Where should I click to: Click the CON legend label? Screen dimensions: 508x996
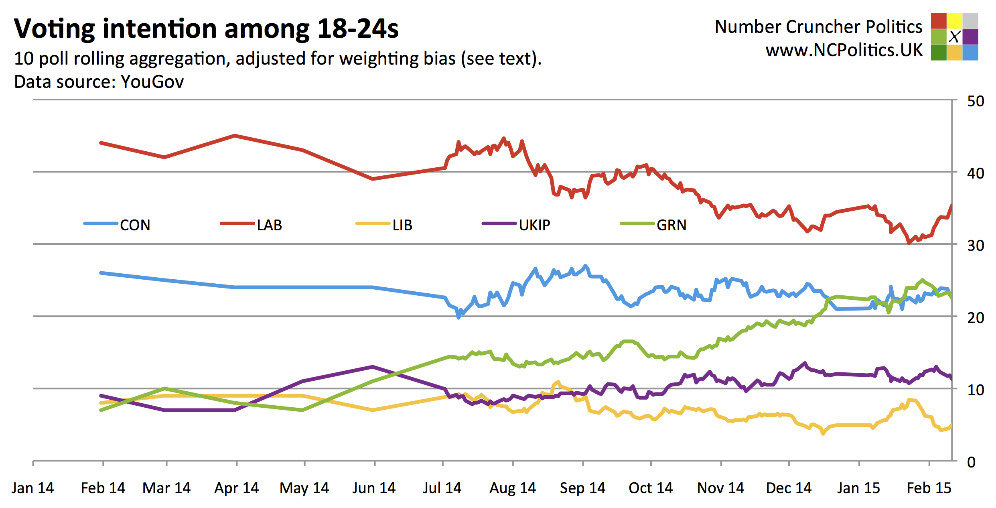point(135,225)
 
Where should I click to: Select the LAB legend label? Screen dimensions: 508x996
point(269,225)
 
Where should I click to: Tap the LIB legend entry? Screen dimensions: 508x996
point(402,225)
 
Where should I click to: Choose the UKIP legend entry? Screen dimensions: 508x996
point(534,225)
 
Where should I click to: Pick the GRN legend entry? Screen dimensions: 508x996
point(671,225)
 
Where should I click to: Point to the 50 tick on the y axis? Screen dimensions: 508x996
point(975,101)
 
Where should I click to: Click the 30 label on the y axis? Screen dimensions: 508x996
point(975,246)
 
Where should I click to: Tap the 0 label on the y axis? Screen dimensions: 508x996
point(971,462)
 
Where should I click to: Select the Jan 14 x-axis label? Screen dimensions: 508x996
point(32,488)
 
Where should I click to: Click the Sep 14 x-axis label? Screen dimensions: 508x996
point(582,488)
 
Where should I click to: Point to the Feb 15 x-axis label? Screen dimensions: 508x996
point(929,488)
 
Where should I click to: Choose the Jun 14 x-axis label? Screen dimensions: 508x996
point(374,488)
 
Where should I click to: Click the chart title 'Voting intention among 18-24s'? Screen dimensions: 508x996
point(206,29)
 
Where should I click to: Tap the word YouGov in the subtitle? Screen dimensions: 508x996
point(152,82)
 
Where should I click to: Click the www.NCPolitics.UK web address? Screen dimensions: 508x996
point(844,50)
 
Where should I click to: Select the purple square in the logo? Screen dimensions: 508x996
point(970,37)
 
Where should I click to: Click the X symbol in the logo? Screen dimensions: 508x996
point(954,37)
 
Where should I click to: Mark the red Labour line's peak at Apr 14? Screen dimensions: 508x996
point(235,136)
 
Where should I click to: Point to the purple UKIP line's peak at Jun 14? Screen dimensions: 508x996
point(373,366)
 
